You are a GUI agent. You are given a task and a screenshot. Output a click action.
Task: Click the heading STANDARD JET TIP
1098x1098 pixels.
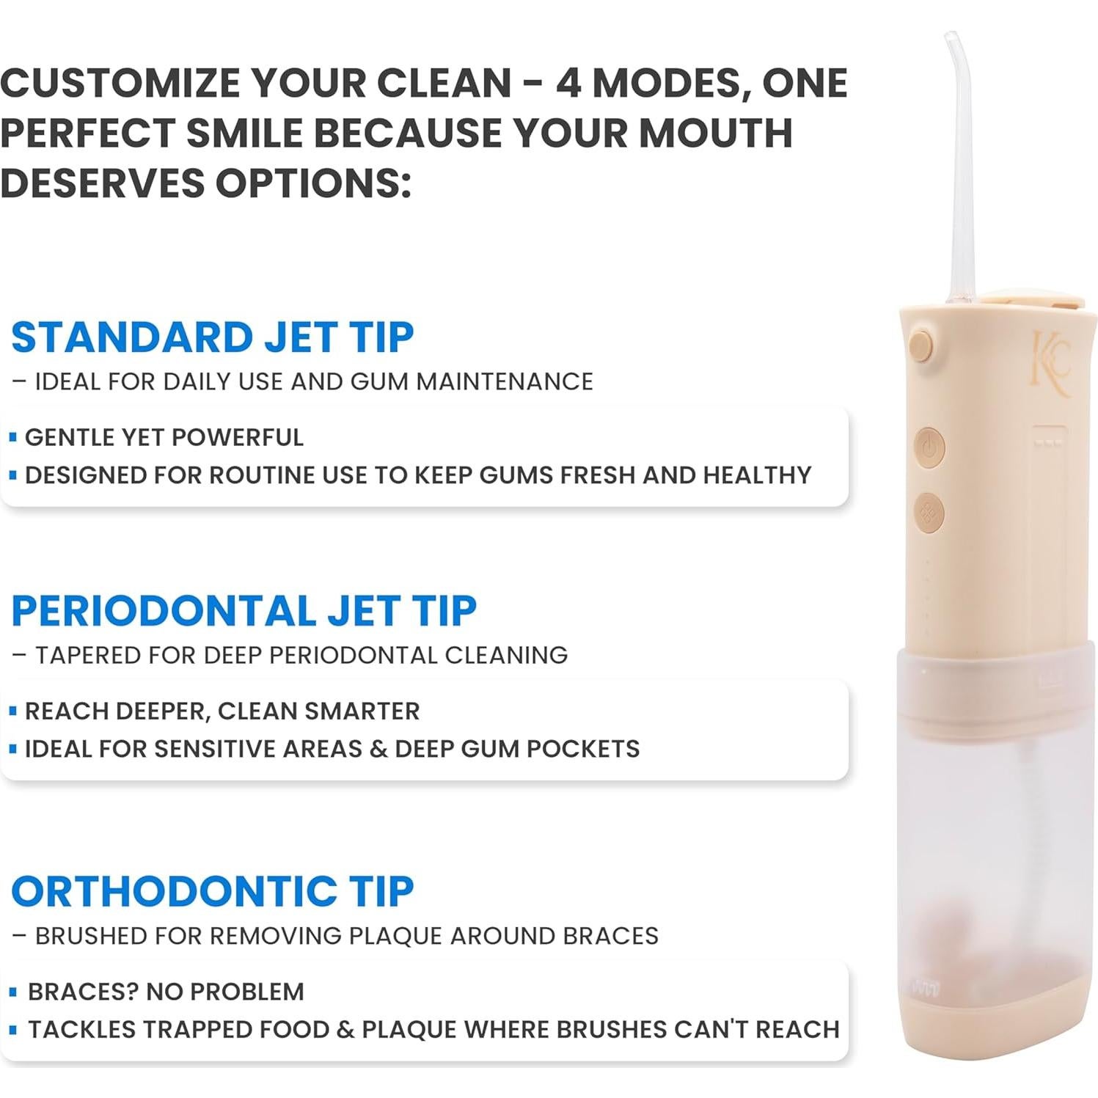click(213, 337)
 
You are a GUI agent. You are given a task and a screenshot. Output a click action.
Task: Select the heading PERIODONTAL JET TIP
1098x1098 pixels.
click(244, 611)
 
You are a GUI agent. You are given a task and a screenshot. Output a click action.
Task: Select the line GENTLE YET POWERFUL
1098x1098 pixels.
click(164, 437)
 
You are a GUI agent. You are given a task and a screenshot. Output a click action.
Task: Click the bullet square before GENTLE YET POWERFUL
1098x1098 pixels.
click(12, 437)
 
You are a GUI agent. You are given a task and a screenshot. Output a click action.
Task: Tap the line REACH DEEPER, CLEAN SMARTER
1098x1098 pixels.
click(222, 711)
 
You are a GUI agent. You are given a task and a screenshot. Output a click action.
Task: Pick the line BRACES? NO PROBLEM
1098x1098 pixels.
click(166, 992)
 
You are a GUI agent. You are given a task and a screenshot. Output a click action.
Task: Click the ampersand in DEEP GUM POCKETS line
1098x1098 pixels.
click(378, 749)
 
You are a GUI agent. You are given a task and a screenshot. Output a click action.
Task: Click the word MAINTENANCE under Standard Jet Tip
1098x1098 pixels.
click(505, 381)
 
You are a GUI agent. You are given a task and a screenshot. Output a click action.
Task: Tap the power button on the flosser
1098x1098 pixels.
click(929, 447)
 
